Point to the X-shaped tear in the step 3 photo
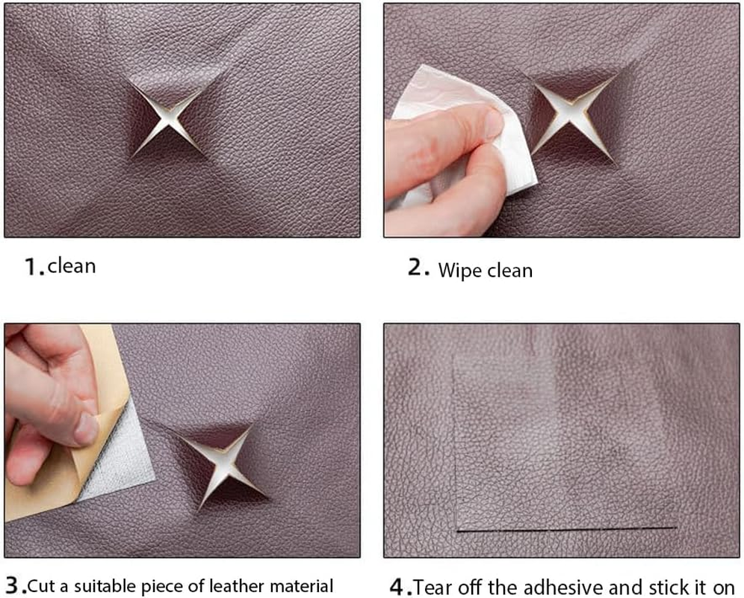click(223, 466)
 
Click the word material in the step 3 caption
click(299, 585)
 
